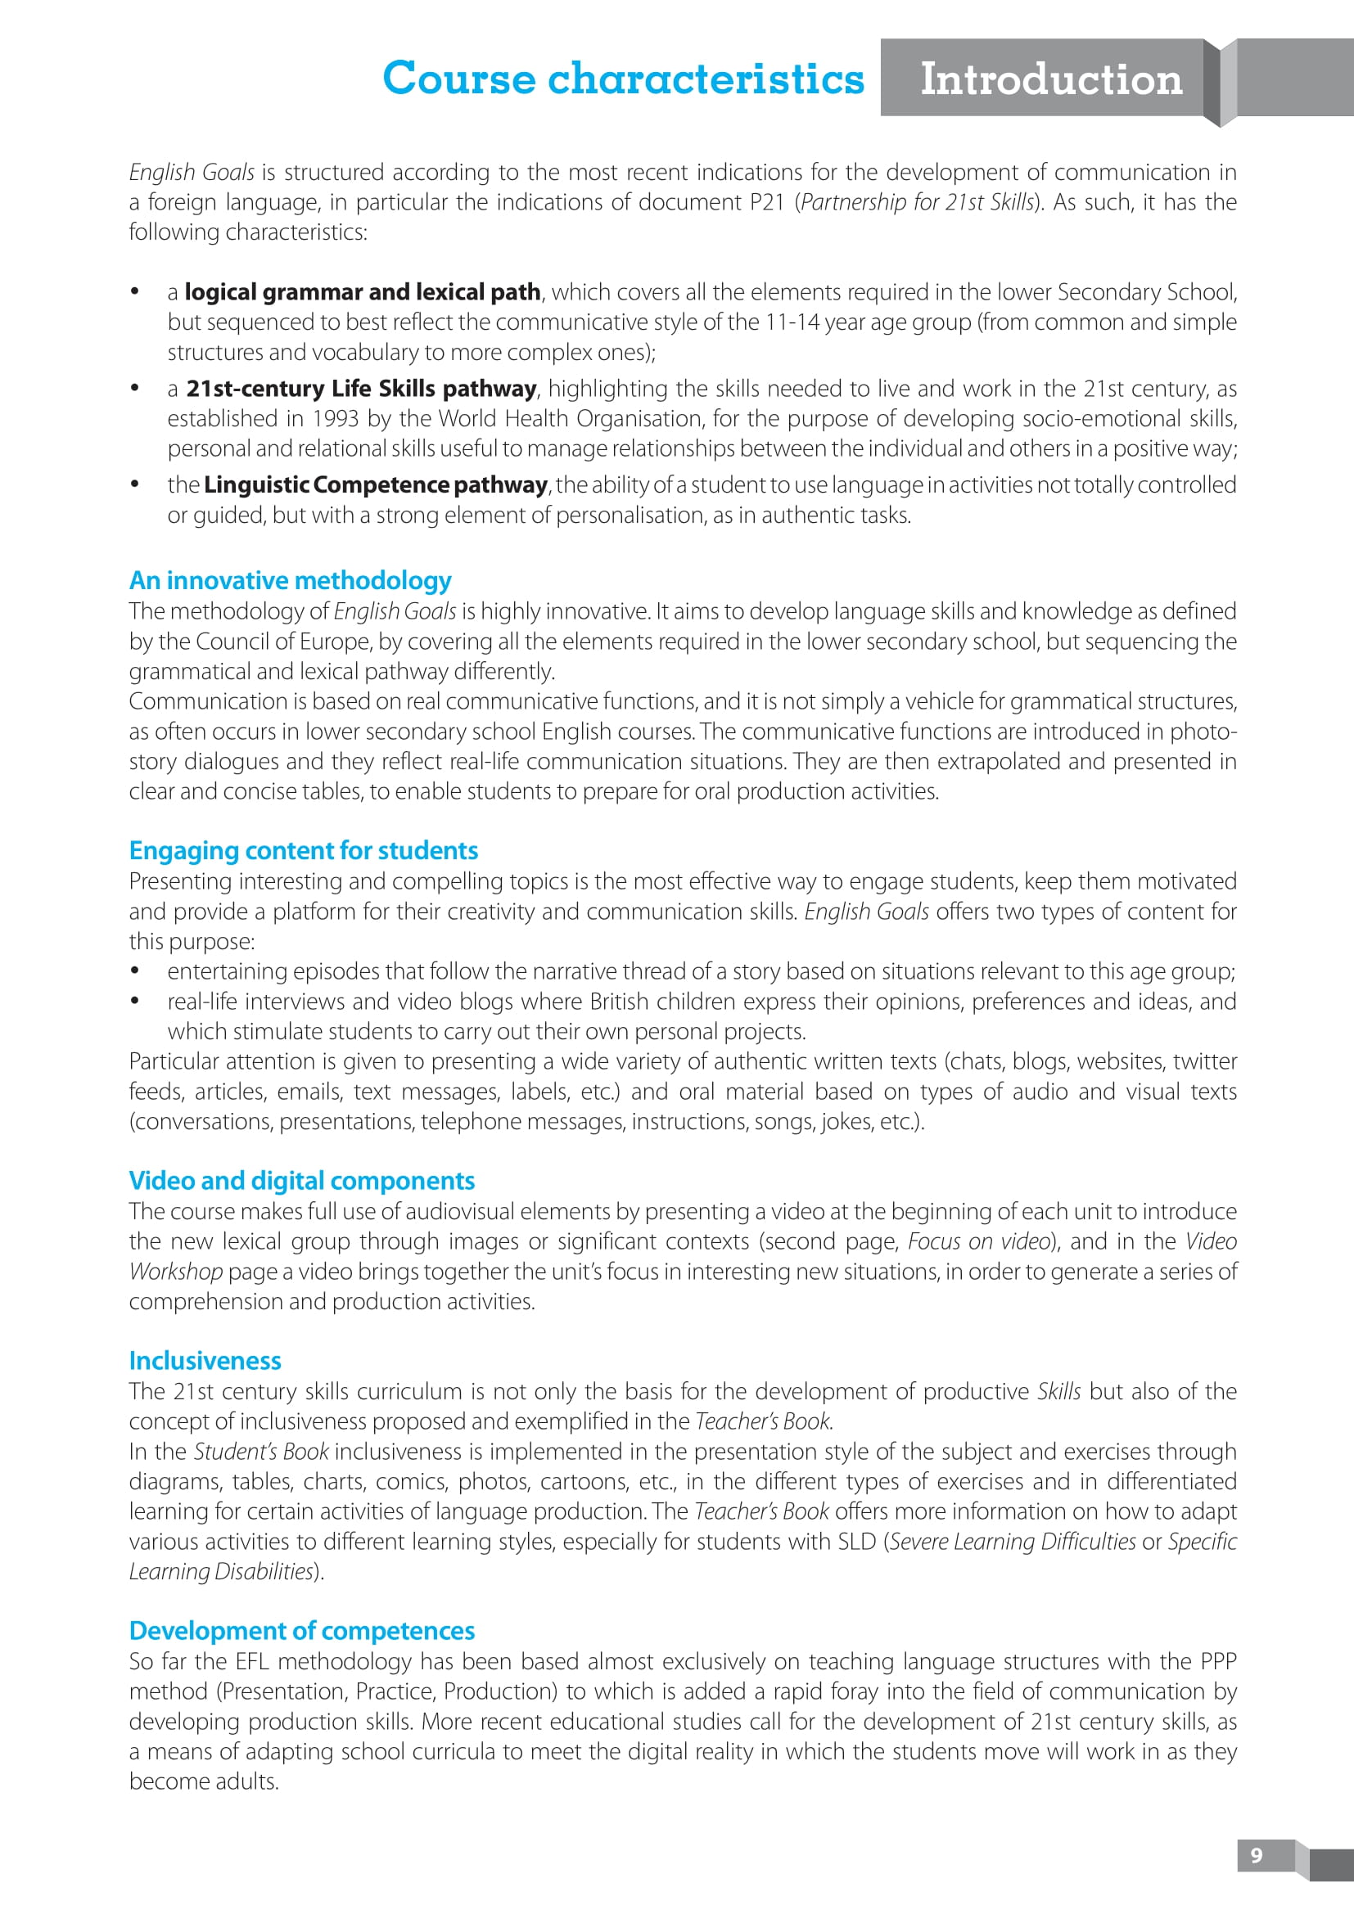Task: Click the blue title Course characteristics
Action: coord(623,79)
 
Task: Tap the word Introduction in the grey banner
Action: coord(1050,79)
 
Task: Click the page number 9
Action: coord(1257,1855)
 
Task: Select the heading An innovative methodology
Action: coord(290,580)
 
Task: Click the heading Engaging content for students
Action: coord(304,850)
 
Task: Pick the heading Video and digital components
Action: coord(302,1181)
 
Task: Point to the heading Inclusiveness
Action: coord(205,1361)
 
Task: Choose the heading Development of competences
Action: coord(302,1631)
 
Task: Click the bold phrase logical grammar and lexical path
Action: coord(363,293)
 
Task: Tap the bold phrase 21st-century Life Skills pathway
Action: coord(361,390)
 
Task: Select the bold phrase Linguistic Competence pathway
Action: coord(375,485)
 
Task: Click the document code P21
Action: coord(766,203)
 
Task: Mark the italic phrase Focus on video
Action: coord(978,1242)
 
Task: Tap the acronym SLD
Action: coord(856,1542)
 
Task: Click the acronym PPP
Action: coord(1217,1661)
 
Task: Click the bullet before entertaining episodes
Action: coord(134,971)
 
